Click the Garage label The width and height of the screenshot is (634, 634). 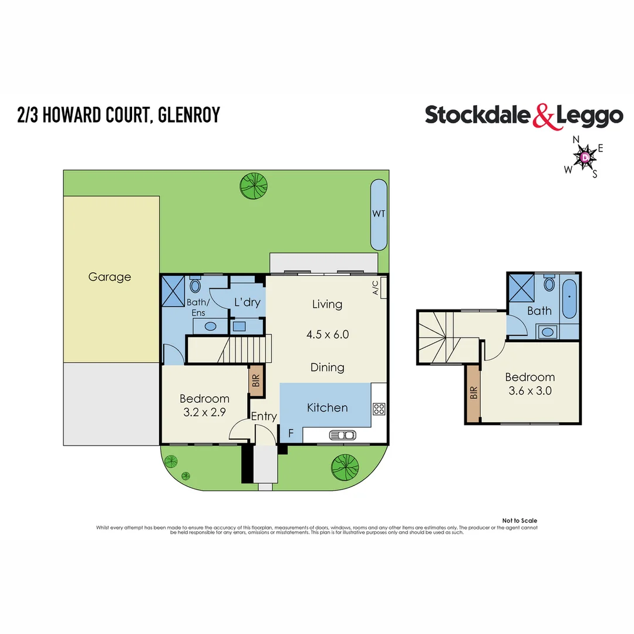pos(109,276)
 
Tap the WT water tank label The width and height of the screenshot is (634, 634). pos(379,214)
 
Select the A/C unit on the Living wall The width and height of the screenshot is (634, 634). pos(383,288)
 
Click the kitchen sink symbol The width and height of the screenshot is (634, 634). pos(343,435)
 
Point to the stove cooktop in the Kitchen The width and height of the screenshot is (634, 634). pos(379,409)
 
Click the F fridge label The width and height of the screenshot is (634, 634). pos(291,434)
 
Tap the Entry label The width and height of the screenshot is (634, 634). pos(264,416)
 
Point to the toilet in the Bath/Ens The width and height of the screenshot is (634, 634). pos(195,286)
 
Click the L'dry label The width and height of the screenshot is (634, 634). pos(247,303)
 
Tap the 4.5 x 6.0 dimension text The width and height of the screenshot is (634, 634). pos(328,335)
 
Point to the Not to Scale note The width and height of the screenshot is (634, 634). pos(520,521)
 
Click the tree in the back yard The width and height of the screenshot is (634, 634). pos(254,185)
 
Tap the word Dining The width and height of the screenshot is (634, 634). pos(327,367)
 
